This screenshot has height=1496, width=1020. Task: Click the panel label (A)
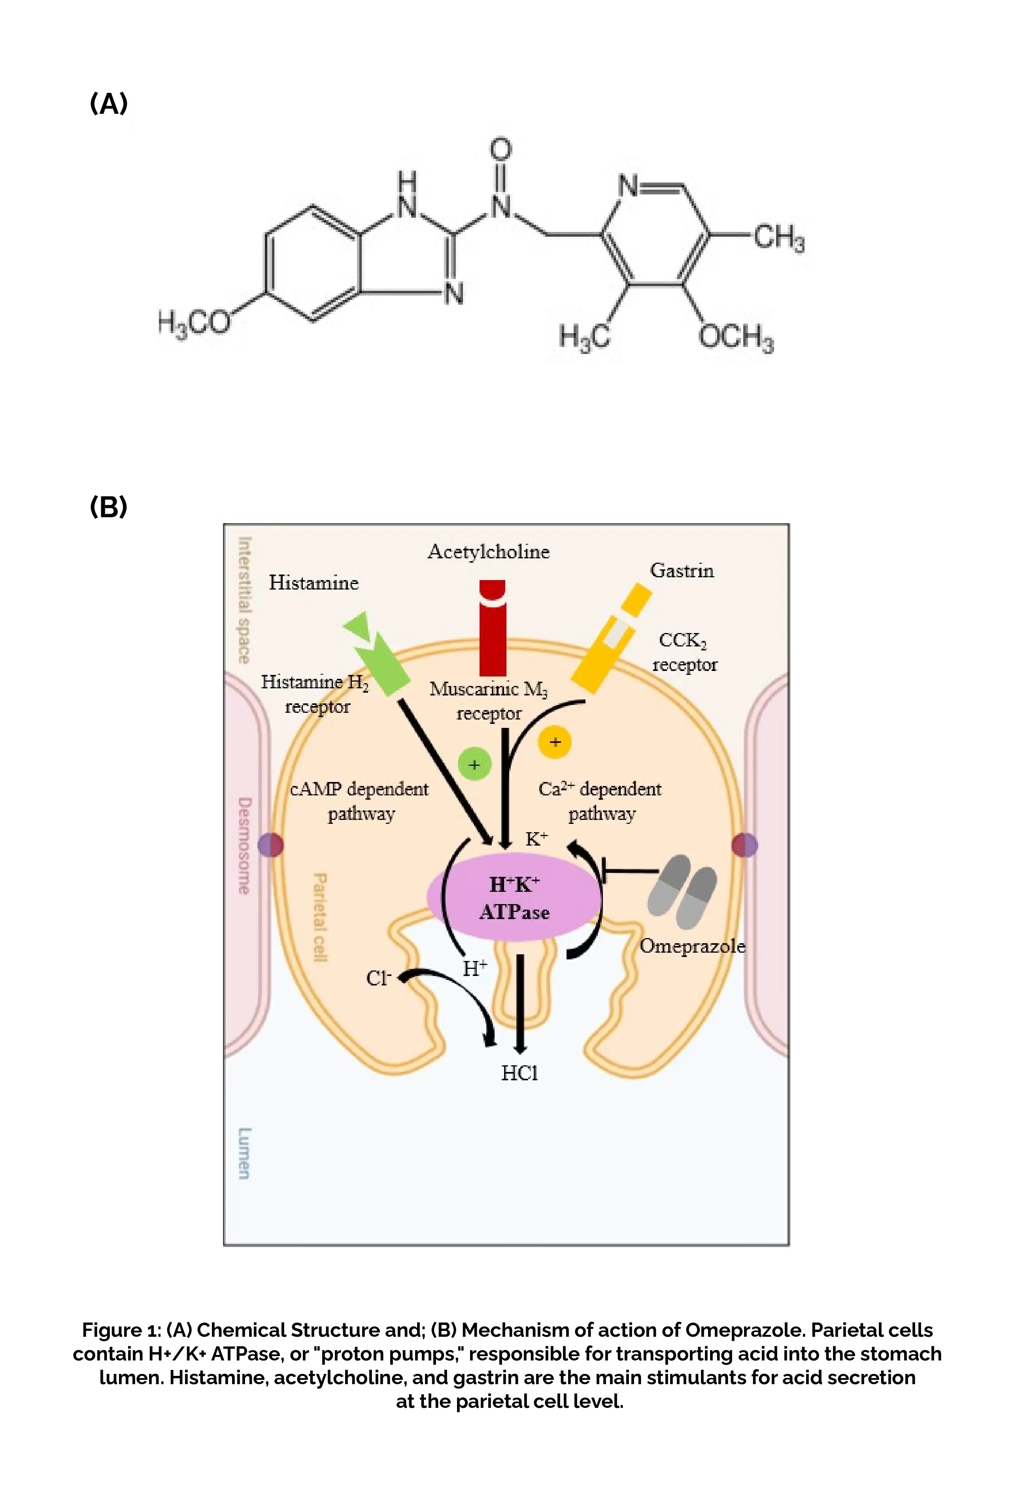point(109,104)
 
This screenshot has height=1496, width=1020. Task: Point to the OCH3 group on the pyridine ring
point(736,337)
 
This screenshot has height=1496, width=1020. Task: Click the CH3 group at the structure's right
point(778,237)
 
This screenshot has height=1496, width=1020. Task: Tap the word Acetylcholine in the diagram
point(488,552)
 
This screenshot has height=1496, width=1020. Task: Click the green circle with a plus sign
point(474,765)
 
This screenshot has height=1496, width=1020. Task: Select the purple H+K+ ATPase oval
point(514,898)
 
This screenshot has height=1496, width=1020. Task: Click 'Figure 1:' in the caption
point(121,1330)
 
